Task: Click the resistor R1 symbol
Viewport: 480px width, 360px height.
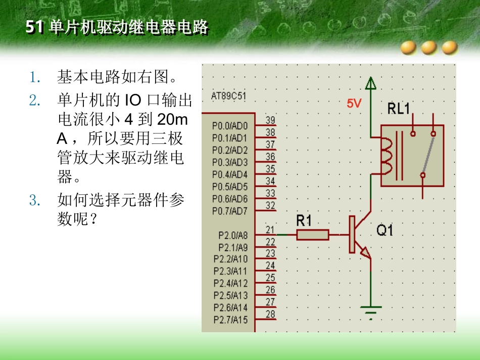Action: (313, 235)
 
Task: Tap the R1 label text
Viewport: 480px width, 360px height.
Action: (305, 220)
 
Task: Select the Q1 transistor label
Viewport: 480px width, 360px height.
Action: (385, 231)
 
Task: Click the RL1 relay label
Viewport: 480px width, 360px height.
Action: (399, 109)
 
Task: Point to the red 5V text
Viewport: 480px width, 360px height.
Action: (354, 104)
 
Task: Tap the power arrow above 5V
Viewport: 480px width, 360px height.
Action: (371, 83)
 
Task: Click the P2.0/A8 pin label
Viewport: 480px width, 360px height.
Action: (233, 235)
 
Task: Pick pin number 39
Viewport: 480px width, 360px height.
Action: (270, 120)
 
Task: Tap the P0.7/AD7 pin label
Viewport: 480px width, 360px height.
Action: (230, 211)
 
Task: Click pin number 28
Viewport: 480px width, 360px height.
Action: (270, 314)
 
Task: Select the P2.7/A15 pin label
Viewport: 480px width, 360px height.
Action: (231, 320)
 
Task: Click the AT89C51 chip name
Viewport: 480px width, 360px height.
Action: (229, 96)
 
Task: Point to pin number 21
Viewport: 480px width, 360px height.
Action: (270, 230)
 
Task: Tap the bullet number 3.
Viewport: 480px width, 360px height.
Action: (34, 200)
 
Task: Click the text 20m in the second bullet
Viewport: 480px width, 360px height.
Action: (172, 120)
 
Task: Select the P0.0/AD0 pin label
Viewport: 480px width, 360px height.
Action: (230, 126)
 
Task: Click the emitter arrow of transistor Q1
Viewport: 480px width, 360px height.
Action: (366, 252)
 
